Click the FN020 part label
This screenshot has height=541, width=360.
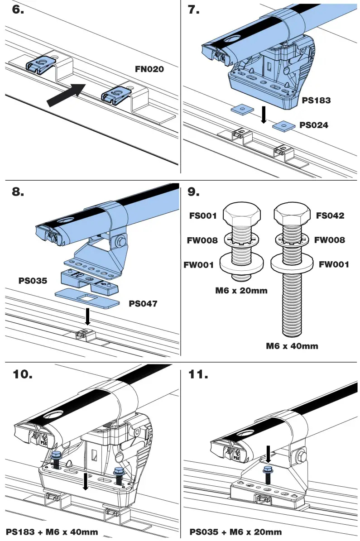149,69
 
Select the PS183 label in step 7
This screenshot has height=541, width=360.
316,101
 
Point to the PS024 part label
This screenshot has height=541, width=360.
314,125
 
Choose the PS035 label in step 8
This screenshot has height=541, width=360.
33,281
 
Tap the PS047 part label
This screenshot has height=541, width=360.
143,304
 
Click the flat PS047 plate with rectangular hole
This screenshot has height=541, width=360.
87,297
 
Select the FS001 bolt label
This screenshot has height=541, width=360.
203,215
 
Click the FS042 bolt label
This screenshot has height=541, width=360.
330,215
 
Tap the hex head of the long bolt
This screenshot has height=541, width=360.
292,214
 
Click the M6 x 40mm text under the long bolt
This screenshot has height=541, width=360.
292,346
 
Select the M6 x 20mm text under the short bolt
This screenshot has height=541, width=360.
241,291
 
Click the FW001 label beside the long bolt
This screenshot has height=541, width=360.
334,265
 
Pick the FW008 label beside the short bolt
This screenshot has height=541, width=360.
202,240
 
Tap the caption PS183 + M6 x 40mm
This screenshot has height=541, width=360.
52,531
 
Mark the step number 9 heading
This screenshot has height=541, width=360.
194,192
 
